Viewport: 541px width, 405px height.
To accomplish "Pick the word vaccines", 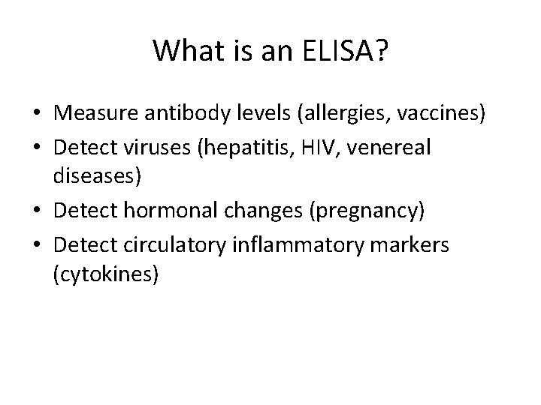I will click(444, 115).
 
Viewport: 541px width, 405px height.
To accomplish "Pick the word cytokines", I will click(105, 276).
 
